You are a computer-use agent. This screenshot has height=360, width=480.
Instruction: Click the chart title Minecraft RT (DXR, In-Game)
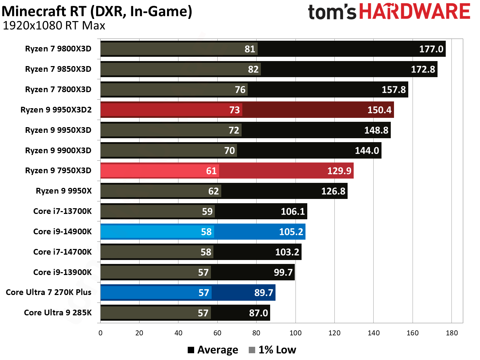pos(97,11)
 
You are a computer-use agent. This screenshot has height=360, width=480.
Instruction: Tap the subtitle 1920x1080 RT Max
pos(54,26)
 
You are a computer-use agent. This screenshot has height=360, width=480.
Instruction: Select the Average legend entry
pos(213,350)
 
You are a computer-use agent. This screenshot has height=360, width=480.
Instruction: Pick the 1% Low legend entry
pos(273,350)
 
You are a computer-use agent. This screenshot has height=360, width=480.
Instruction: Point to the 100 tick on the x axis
pos(295,333)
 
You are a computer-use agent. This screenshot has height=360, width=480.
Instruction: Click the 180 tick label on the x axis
pos(451,333)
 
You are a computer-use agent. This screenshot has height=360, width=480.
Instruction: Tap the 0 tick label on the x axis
pos(100,333)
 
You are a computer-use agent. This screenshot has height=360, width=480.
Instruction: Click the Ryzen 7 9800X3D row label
pos(58,49)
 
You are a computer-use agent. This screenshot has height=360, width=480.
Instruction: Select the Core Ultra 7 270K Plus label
pos(49,292)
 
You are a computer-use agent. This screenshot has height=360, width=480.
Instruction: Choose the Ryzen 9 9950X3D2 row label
pos(56,110)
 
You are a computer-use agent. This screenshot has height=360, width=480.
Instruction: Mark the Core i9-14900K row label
pos(62,231)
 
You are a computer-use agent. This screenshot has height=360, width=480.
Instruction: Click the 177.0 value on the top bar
pos(431,49)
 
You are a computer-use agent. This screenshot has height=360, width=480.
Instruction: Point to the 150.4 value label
pos(379,110)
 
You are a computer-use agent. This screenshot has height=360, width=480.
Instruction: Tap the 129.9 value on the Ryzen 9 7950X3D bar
pos(339,171)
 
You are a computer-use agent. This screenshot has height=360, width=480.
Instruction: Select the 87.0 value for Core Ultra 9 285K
pos(258,313)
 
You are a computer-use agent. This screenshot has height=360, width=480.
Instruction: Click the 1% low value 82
pos(253,69)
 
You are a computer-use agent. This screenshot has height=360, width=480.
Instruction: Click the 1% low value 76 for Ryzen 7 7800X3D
pos(240,90)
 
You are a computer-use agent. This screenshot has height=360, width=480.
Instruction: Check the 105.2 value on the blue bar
pos(291,232)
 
